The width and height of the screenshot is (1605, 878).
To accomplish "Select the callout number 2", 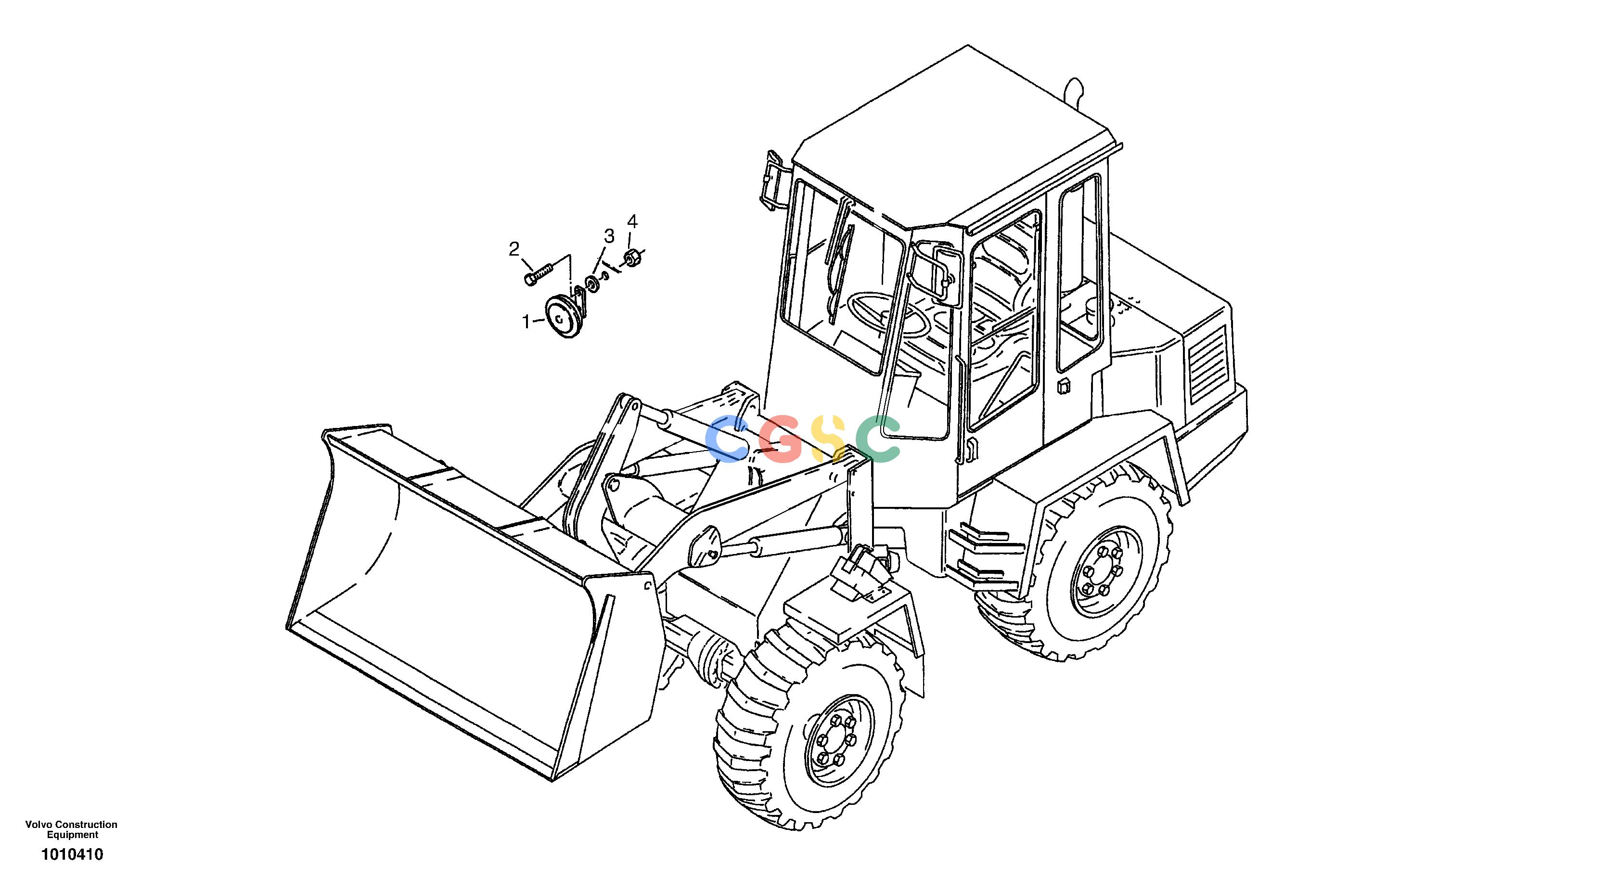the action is (x=514, y=249).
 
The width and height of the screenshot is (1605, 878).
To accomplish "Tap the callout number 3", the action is (x=609, y=236).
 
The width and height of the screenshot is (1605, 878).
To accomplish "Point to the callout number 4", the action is (x=632, y=221).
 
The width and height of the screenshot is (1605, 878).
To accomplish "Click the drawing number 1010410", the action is (x=72, y=854).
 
